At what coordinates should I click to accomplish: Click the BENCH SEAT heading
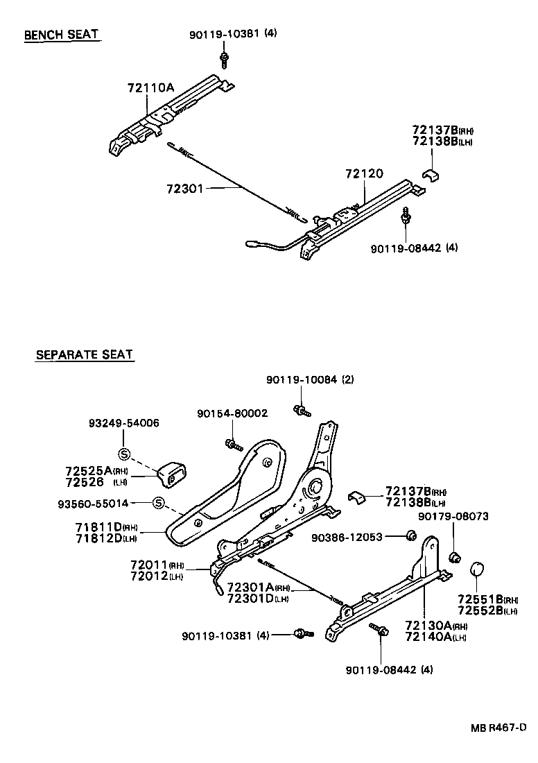[x=62, y=35]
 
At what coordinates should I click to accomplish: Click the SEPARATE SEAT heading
[x=84, y=355]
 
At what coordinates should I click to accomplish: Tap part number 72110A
[x=150, y=88]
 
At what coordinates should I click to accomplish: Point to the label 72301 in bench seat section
[x=184, y=189]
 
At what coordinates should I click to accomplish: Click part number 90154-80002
[x=232, y=413]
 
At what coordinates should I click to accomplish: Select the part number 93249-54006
[x=123, y=423]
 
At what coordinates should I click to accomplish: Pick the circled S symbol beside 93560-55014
[x=157, y=503]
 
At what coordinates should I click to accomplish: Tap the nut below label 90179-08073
[x=455, y=556]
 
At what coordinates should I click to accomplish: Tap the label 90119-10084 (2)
[x=310, y=379]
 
